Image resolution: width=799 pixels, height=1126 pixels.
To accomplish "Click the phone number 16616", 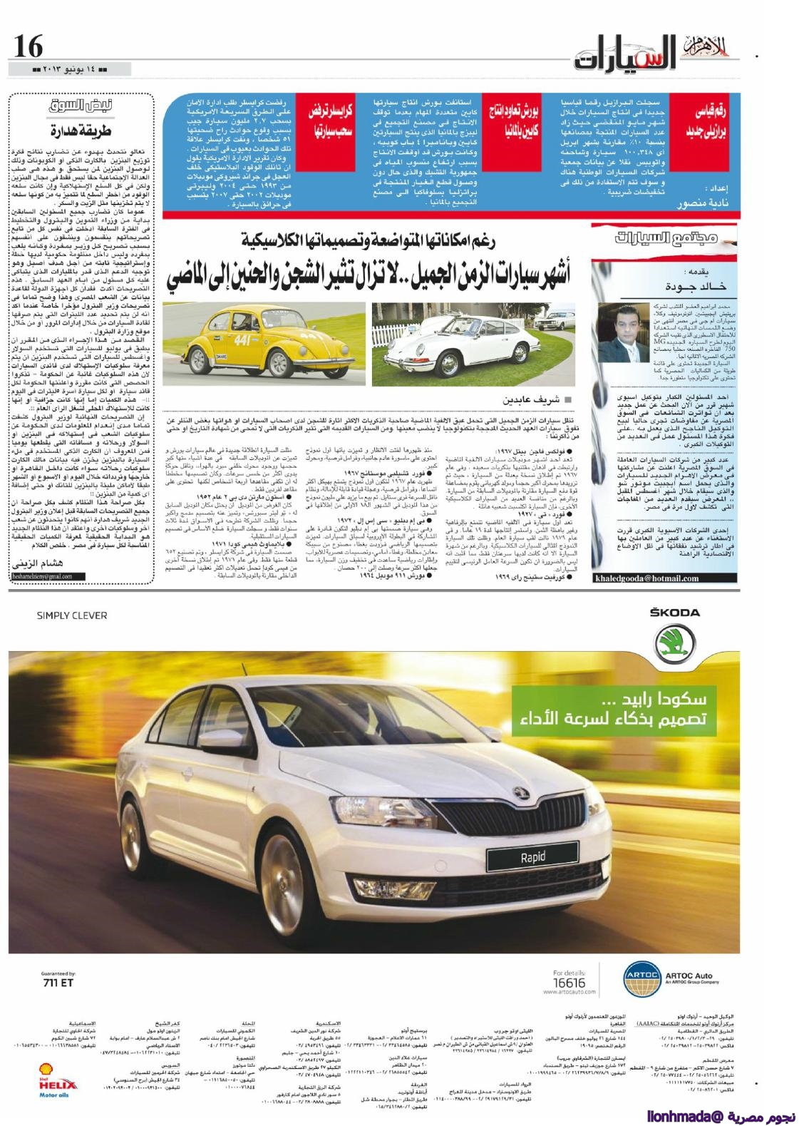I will (569, 983).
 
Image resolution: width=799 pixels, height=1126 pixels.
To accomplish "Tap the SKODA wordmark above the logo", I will (674, 613).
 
